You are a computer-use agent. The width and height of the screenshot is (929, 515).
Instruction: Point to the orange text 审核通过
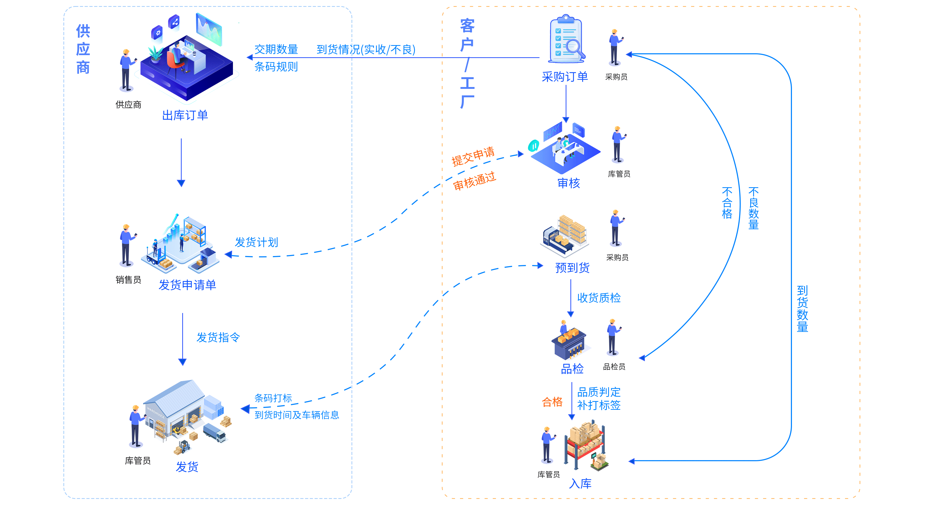[x=474, y=181]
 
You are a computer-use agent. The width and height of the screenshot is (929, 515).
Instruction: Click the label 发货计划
[x=256, y=242]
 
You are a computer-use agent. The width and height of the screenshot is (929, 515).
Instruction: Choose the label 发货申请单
[x=187, y=285]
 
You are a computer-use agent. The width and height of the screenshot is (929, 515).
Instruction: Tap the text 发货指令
[x=218, y=338]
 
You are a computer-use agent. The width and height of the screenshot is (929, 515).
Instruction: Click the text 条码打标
[x=273, y=398]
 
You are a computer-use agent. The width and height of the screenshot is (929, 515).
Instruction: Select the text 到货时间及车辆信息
[x=297, y=415]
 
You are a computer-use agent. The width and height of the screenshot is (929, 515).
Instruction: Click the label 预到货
[x=572, y=268]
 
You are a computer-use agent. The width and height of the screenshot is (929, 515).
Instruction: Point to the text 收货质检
[x=599, y=298]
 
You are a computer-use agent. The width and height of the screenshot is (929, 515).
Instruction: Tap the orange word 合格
[x=552, y=402]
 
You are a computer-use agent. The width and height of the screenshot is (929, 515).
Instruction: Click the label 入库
[x=580, y=483]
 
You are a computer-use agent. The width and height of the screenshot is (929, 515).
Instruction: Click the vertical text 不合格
[x=727, y=203]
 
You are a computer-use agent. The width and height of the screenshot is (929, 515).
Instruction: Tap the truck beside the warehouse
[x=215, y=432]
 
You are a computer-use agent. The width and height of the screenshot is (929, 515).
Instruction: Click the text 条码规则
[x=276, y=67]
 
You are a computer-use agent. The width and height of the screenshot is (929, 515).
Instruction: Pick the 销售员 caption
[x=128, y=280]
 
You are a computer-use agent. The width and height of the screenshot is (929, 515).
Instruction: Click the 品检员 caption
[x=614, y=367]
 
